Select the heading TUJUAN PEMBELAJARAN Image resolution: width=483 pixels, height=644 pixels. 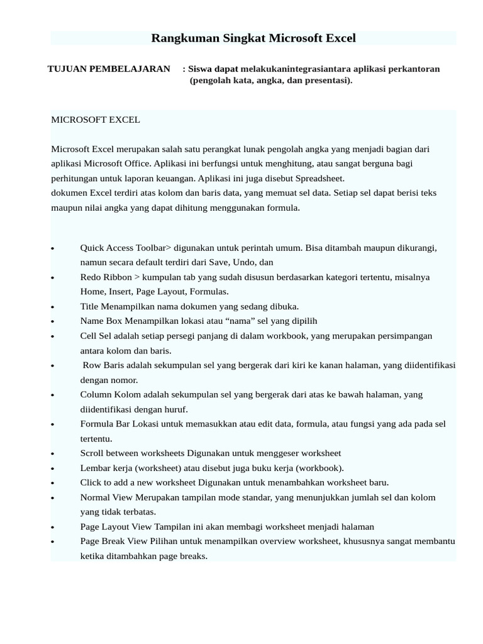click(x=109, y=69)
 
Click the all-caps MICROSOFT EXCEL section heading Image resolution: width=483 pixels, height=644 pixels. click(x=96, y=119)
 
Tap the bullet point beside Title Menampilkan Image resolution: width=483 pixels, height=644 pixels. click(x=53, y=308)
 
